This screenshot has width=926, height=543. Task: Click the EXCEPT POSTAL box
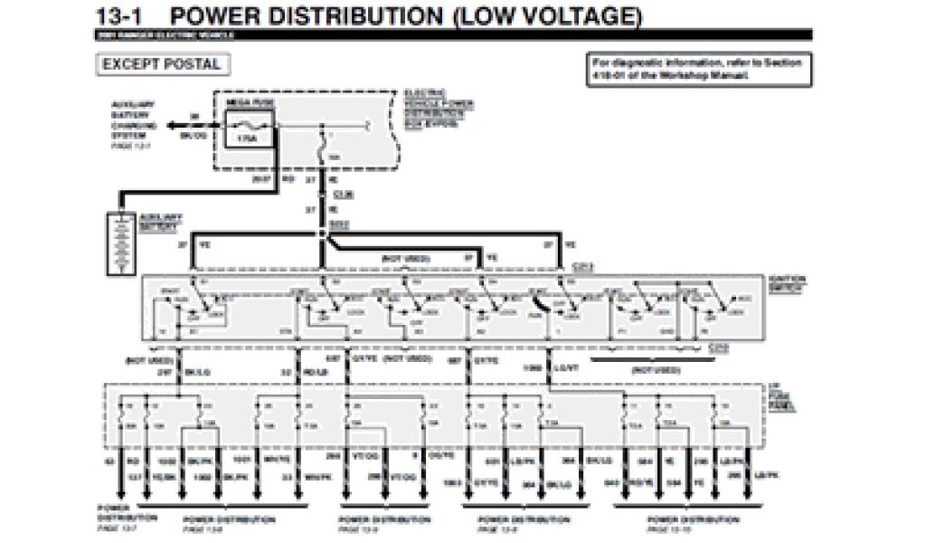click(x=161, y=65)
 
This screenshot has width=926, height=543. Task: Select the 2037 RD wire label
click(x=277, y=179)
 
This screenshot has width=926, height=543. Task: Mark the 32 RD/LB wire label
click(x=300, y=371)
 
